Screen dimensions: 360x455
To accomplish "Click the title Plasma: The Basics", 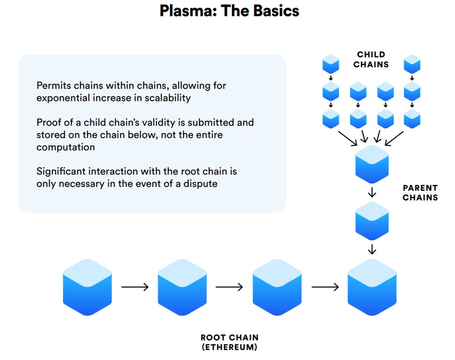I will [x=229, y=11].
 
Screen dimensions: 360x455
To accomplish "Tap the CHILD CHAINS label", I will [x=371, y=60].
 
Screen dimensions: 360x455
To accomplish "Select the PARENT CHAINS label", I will [x=420, y=193].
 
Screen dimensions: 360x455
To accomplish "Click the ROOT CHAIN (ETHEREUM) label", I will [x=229, y=342].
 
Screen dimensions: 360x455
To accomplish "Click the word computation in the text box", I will [x=66, y=147].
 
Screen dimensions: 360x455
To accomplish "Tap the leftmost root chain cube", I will [x=87, y=287].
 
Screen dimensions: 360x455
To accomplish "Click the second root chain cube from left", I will [x=182, y=287].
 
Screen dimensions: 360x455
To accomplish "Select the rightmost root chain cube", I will [x=372, y=287].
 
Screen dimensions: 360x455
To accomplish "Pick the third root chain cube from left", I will [x=277, y=287].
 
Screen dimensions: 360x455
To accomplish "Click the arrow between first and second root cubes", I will [x=135, y=287].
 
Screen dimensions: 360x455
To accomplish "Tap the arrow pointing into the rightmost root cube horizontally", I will [x=325, y=287].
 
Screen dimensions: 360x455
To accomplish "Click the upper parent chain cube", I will [x=372, y=164].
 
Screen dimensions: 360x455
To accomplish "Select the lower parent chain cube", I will [x=372, y=221].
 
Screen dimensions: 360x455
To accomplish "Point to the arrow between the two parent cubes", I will [x=372, y=193].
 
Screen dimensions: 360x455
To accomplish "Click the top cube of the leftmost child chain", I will [x=330, y=64].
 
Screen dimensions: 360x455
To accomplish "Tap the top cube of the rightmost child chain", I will [x=412, y=64].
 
